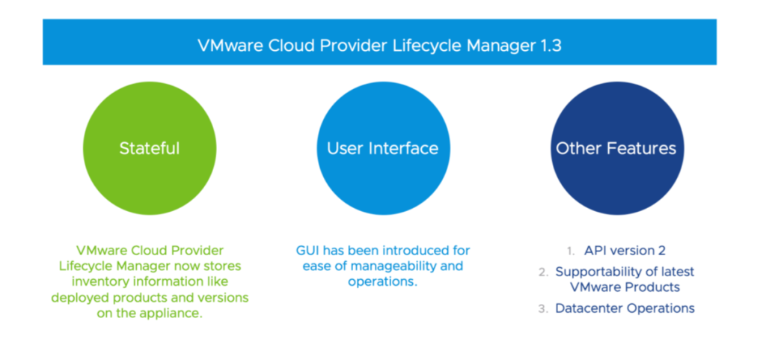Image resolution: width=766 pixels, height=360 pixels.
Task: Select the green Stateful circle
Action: pos(150,148)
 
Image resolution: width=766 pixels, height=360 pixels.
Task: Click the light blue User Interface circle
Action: pos(384,148)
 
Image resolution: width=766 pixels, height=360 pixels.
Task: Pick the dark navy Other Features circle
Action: pos(617,148)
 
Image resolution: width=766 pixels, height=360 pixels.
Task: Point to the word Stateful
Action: pos(150,148)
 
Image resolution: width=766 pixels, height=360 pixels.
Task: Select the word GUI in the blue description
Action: pos(306,251)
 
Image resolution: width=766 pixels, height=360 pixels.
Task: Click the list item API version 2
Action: pos(625,251)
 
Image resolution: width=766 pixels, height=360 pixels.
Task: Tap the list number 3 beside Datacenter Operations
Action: pos(542,309)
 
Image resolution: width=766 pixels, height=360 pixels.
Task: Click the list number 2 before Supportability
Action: pos(543,272)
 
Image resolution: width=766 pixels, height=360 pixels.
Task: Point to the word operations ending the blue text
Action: pos(383,283)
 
